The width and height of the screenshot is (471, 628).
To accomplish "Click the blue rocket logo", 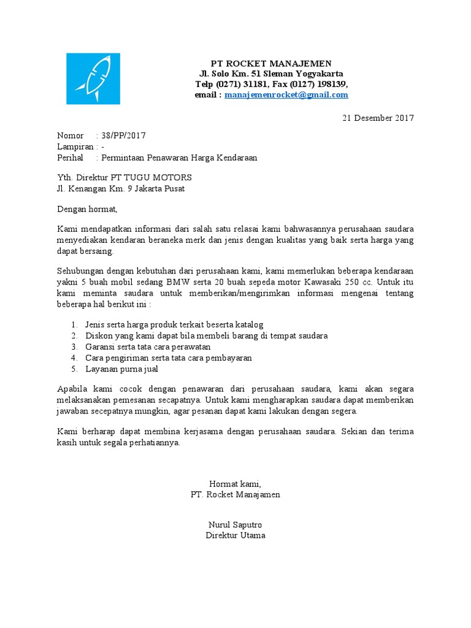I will [x=93, y=78].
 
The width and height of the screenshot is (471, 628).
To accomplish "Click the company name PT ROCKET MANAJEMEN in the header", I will [x=271, y=64].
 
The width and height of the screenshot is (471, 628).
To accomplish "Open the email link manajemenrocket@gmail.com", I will [x=286, y=95].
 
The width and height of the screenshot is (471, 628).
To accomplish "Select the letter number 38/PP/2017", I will [x=123, y=136].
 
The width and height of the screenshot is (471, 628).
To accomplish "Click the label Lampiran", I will [x=75, y=147].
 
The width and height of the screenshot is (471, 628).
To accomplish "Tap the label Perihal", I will [x=70, y=158].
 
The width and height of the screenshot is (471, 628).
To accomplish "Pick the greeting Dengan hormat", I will [x=86, y=209].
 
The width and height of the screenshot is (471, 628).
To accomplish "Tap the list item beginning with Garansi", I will [x=150, y=347].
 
